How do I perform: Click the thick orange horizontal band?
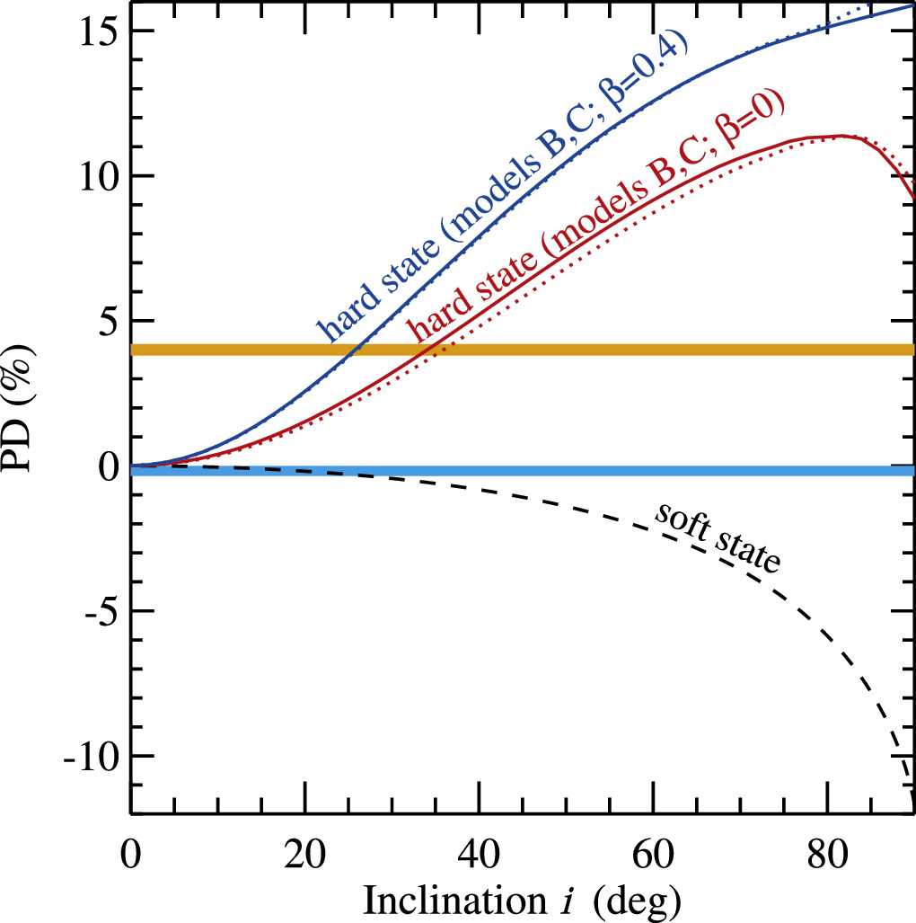click(x=521, y=349)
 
